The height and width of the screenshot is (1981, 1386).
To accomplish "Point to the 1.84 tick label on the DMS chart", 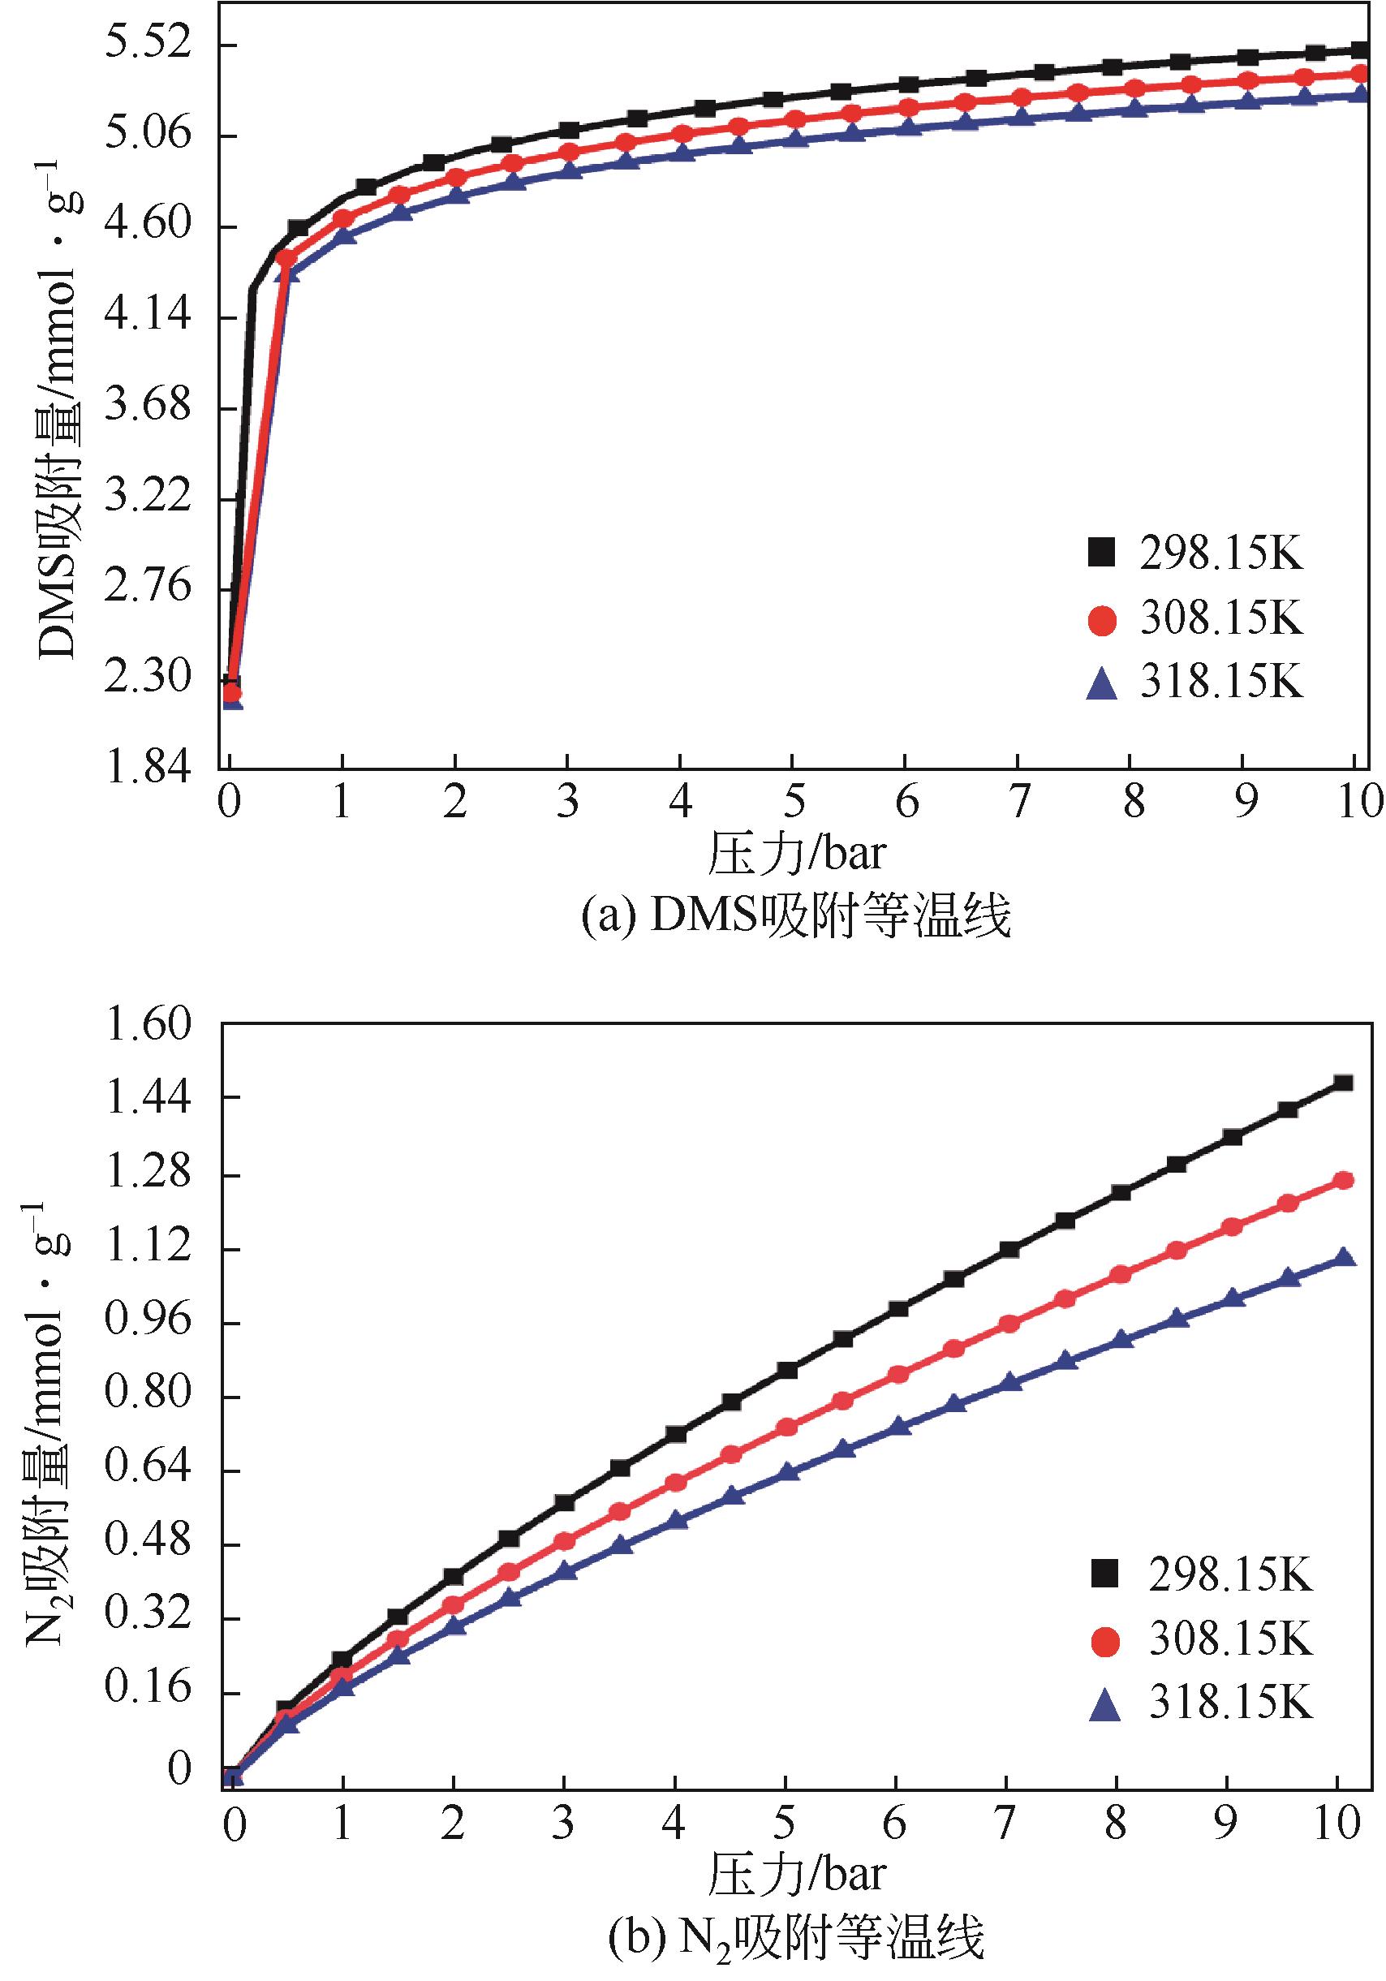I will point(146,766).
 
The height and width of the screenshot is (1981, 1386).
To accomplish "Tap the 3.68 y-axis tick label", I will point(146,406).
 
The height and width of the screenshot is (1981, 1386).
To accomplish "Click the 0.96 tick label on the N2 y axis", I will point(146,1322).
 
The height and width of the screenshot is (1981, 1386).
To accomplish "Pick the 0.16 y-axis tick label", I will point(146,1692).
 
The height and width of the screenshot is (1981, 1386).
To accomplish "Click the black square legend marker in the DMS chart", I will point(1101,552).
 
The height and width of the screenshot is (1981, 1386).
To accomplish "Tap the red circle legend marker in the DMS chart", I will point(1101,619).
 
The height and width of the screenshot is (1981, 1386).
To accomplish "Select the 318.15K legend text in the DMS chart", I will point(1220,683).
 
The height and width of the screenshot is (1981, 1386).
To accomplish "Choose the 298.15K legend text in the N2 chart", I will point(1229,1576).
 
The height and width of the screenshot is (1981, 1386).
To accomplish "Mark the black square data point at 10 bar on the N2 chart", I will point(1343,1083).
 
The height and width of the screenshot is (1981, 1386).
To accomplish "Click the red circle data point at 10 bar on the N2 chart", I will point(1343,1180).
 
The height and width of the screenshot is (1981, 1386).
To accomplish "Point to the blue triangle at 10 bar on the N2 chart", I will point(1343,1257).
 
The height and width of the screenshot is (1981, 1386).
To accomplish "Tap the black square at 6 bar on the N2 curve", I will point(897,1308).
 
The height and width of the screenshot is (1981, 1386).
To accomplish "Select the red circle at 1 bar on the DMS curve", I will point(342,218).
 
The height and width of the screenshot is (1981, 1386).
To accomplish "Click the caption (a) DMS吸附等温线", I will point(794,916).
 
